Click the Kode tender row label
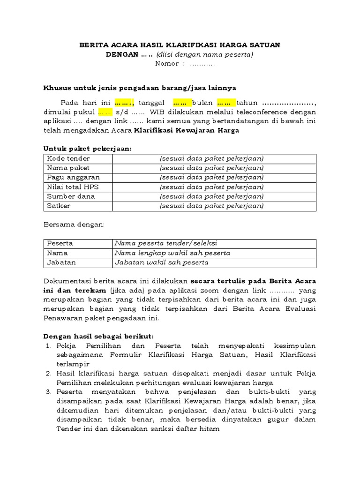tap(68, 158)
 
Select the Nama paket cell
tap(68, 168)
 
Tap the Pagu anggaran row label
tap(73, 177)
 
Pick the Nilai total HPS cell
tap(73, 187)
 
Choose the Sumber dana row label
tap(71, 196)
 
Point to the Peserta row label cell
tap(60, 243)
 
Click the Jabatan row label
tap(61, 262)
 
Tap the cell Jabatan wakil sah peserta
tap(162, 262)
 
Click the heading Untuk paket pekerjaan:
tap(88, 149)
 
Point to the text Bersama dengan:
tap(75, 225)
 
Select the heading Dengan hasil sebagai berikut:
tap(98, 336)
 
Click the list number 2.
tap(48, 373)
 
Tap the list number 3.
tap(48, 392)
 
